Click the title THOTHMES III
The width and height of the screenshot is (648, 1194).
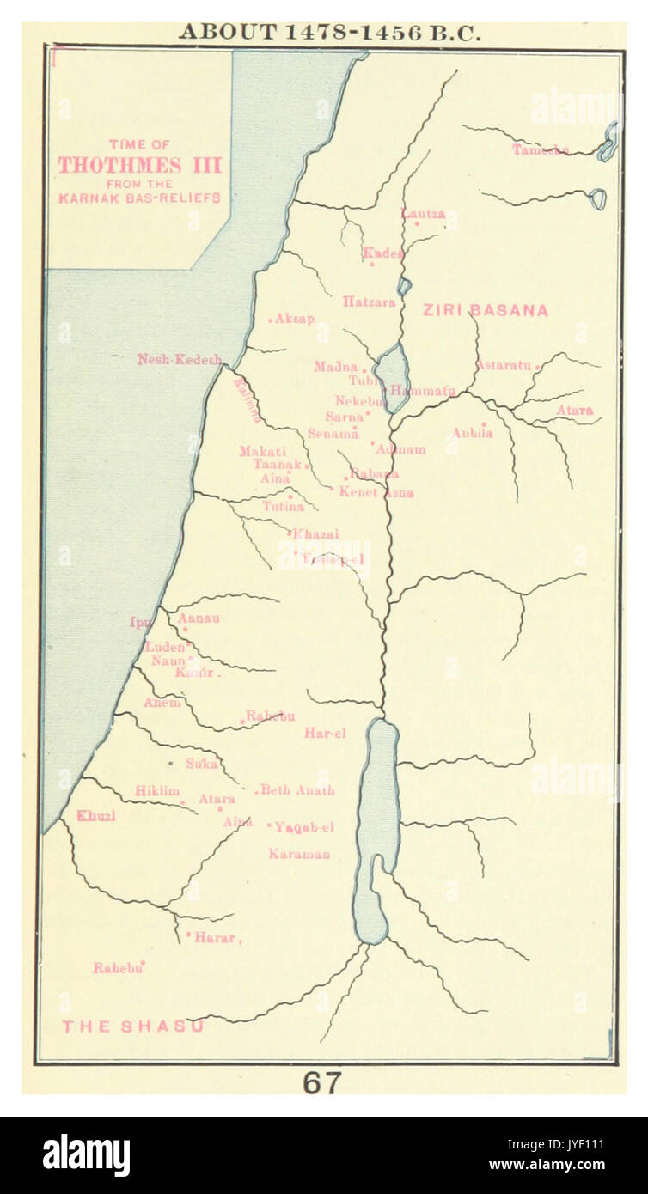[140, 165]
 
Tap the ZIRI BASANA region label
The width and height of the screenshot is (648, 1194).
[485, 311]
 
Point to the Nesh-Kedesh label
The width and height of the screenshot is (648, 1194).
[180, 359]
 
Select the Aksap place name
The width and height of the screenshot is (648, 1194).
[295, 319]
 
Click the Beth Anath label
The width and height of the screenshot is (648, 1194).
[297, 790]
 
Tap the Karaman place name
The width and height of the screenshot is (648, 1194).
[299, 854]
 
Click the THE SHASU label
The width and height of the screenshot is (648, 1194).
[132, 1026]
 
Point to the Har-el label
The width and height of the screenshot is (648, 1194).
[325, 734]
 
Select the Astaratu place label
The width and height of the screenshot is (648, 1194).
[504, 365]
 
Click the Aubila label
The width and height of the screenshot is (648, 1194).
[473, 434]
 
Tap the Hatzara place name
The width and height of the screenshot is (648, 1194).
[369, 302]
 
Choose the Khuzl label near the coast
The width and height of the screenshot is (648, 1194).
[96, 816]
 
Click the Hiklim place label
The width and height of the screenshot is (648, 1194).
[157, 791]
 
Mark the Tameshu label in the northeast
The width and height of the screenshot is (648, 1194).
[541, 149]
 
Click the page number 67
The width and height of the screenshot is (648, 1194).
[322, 1083]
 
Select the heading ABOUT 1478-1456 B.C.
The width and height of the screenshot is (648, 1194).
[329, 33]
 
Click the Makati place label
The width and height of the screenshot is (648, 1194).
[258, 451]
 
